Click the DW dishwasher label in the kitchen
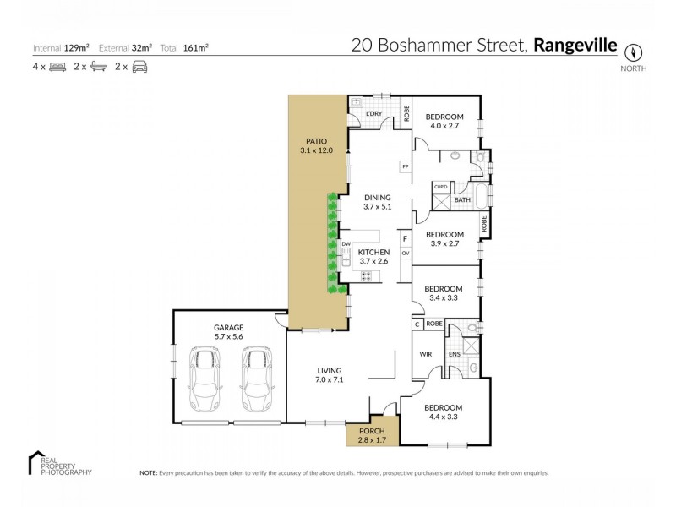point(346,244)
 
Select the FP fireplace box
point(406,166)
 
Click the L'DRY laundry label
point(375,113)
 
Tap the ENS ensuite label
point(454,353)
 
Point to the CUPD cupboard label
point(440,186)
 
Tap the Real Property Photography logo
point(59,463)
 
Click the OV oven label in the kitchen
point(406,253)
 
